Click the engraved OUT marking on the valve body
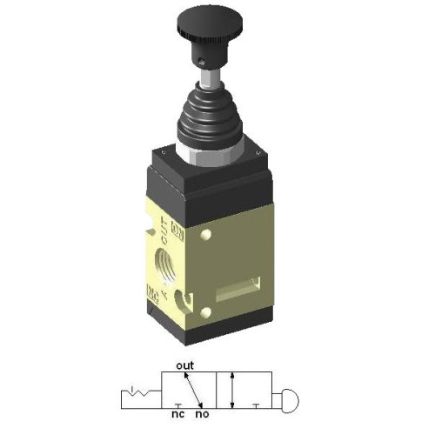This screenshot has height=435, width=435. point(164,231)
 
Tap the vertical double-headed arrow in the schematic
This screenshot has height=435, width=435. point(232,391)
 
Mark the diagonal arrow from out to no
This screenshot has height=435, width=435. point(194,389)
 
